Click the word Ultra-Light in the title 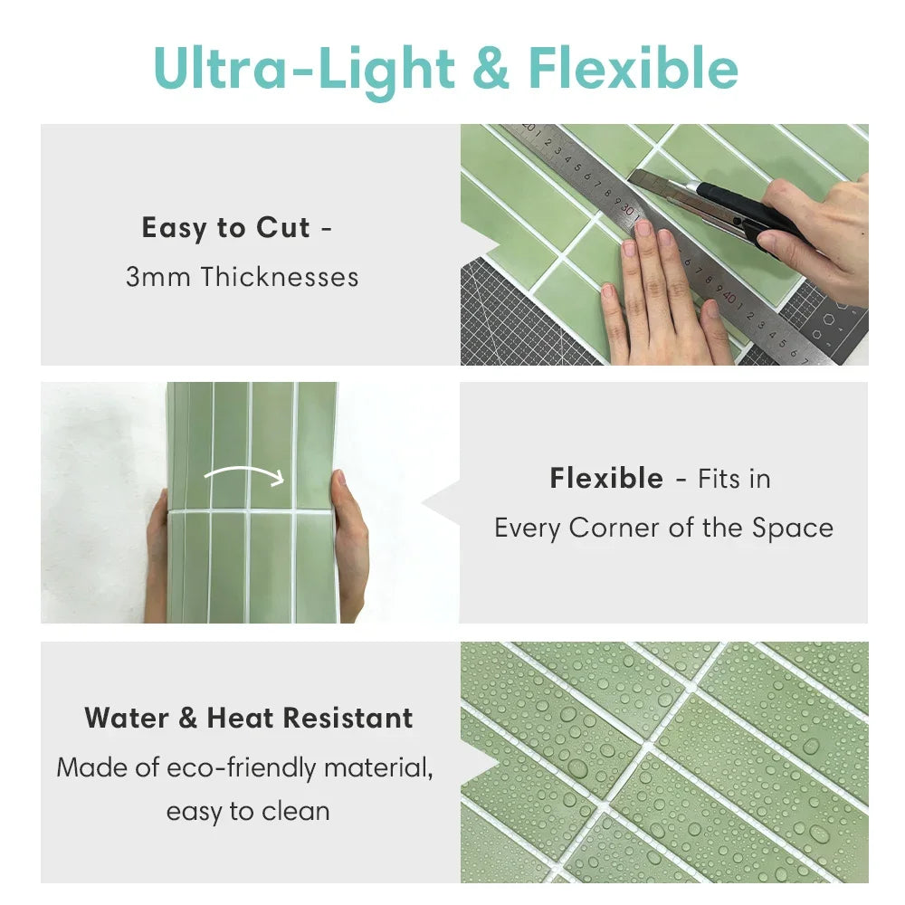pyautogui.click(x=304, y=71)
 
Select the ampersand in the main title pyautogui.click(x=491, y=71)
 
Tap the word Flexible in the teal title pyautogui.click(x=633, y=71)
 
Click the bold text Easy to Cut pyautogui.click(x=225, y=228)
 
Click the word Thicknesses pyautogui.click(x=280, y=277)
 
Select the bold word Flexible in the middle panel pyautogui.click(x=605, y=478)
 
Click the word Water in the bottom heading pyautogui.click(x=127, y=719)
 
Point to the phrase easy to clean pyautogui.click(x=247, y=811)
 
